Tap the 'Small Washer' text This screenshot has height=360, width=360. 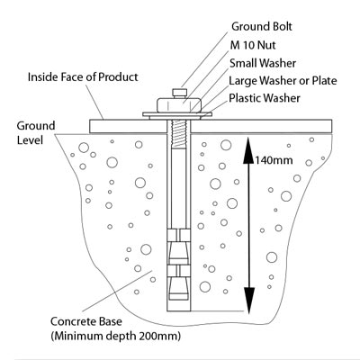click(x=266, y=63)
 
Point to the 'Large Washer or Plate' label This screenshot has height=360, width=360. click(x=282, y=81)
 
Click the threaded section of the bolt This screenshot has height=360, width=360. click(x=179, y=134)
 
